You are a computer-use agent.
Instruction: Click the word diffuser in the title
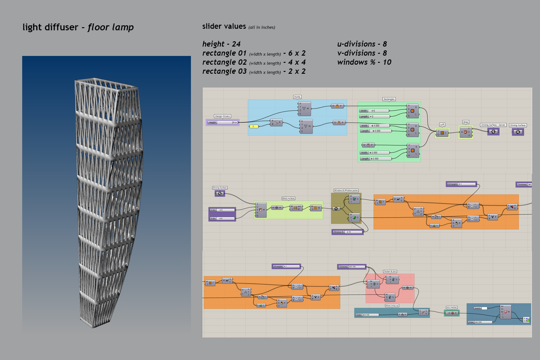[x=61, y=27]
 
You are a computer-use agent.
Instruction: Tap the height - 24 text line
[x=221, y=44]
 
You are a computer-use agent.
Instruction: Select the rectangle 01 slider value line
[x=254, y=53]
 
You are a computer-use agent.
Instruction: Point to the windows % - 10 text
[x=364, y=62]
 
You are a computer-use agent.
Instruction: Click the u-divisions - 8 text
[x=362, y=44]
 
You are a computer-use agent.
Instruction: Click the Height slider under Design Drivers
[x=222, y=122]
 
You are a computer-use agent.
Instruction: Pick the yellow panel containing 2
[x=254, y=127]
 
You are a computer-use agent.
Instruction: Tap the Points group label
[x=297, y=97]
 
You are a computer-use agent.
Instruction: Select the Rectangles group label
[x=389, y=99]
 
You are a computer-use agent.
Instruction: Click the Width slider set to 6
[x=374, y=111]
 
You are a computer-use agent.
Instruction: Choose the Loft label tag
[x=442, y=124]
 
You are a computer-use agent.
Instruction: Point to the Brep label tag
[x=466, y=122]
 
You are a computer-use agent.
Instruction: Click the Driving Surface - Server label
[x=493, y=125]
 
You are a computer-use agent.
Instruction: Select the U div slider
[x=222, y=210]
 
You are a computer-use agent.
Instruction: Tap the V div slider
[x=222, y=218]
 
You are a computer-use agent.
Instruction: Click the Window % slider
[x=347, y=232]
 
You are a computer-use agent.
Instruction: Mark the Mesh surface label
[x=288, y=198]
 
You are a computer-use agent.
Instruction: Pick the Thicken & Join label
[x=390, y=272]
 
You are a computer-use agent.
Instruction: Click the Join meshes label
[x=451, y=307]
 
